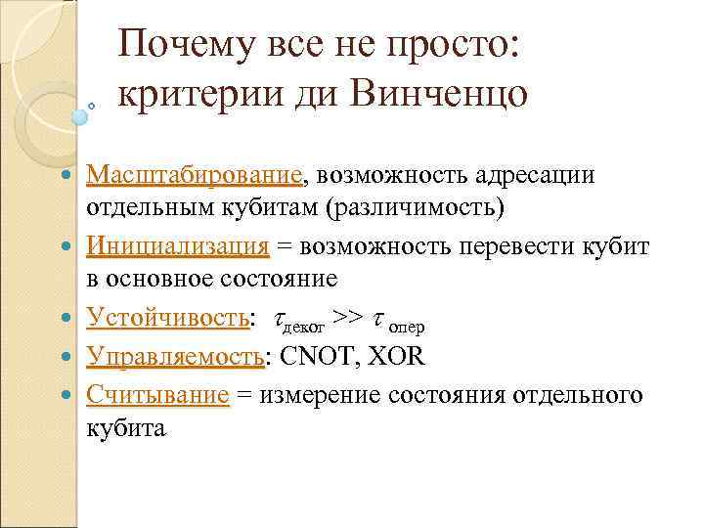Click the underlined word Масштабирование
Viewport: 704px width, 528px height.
click(x=194, y=175)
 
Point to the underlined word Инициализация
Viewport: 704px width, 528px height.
click(x=177, y=247)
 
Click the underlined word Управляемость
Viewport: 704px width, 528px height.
click(x=174, y=355)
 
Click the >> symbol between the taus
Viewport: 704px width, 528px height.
click(x=348, y=318)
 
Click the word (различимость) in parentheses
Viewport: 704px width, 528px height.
click(x=419, y=209)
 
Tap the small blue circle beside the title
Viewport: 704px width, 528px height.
click(x=79, y=115)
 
